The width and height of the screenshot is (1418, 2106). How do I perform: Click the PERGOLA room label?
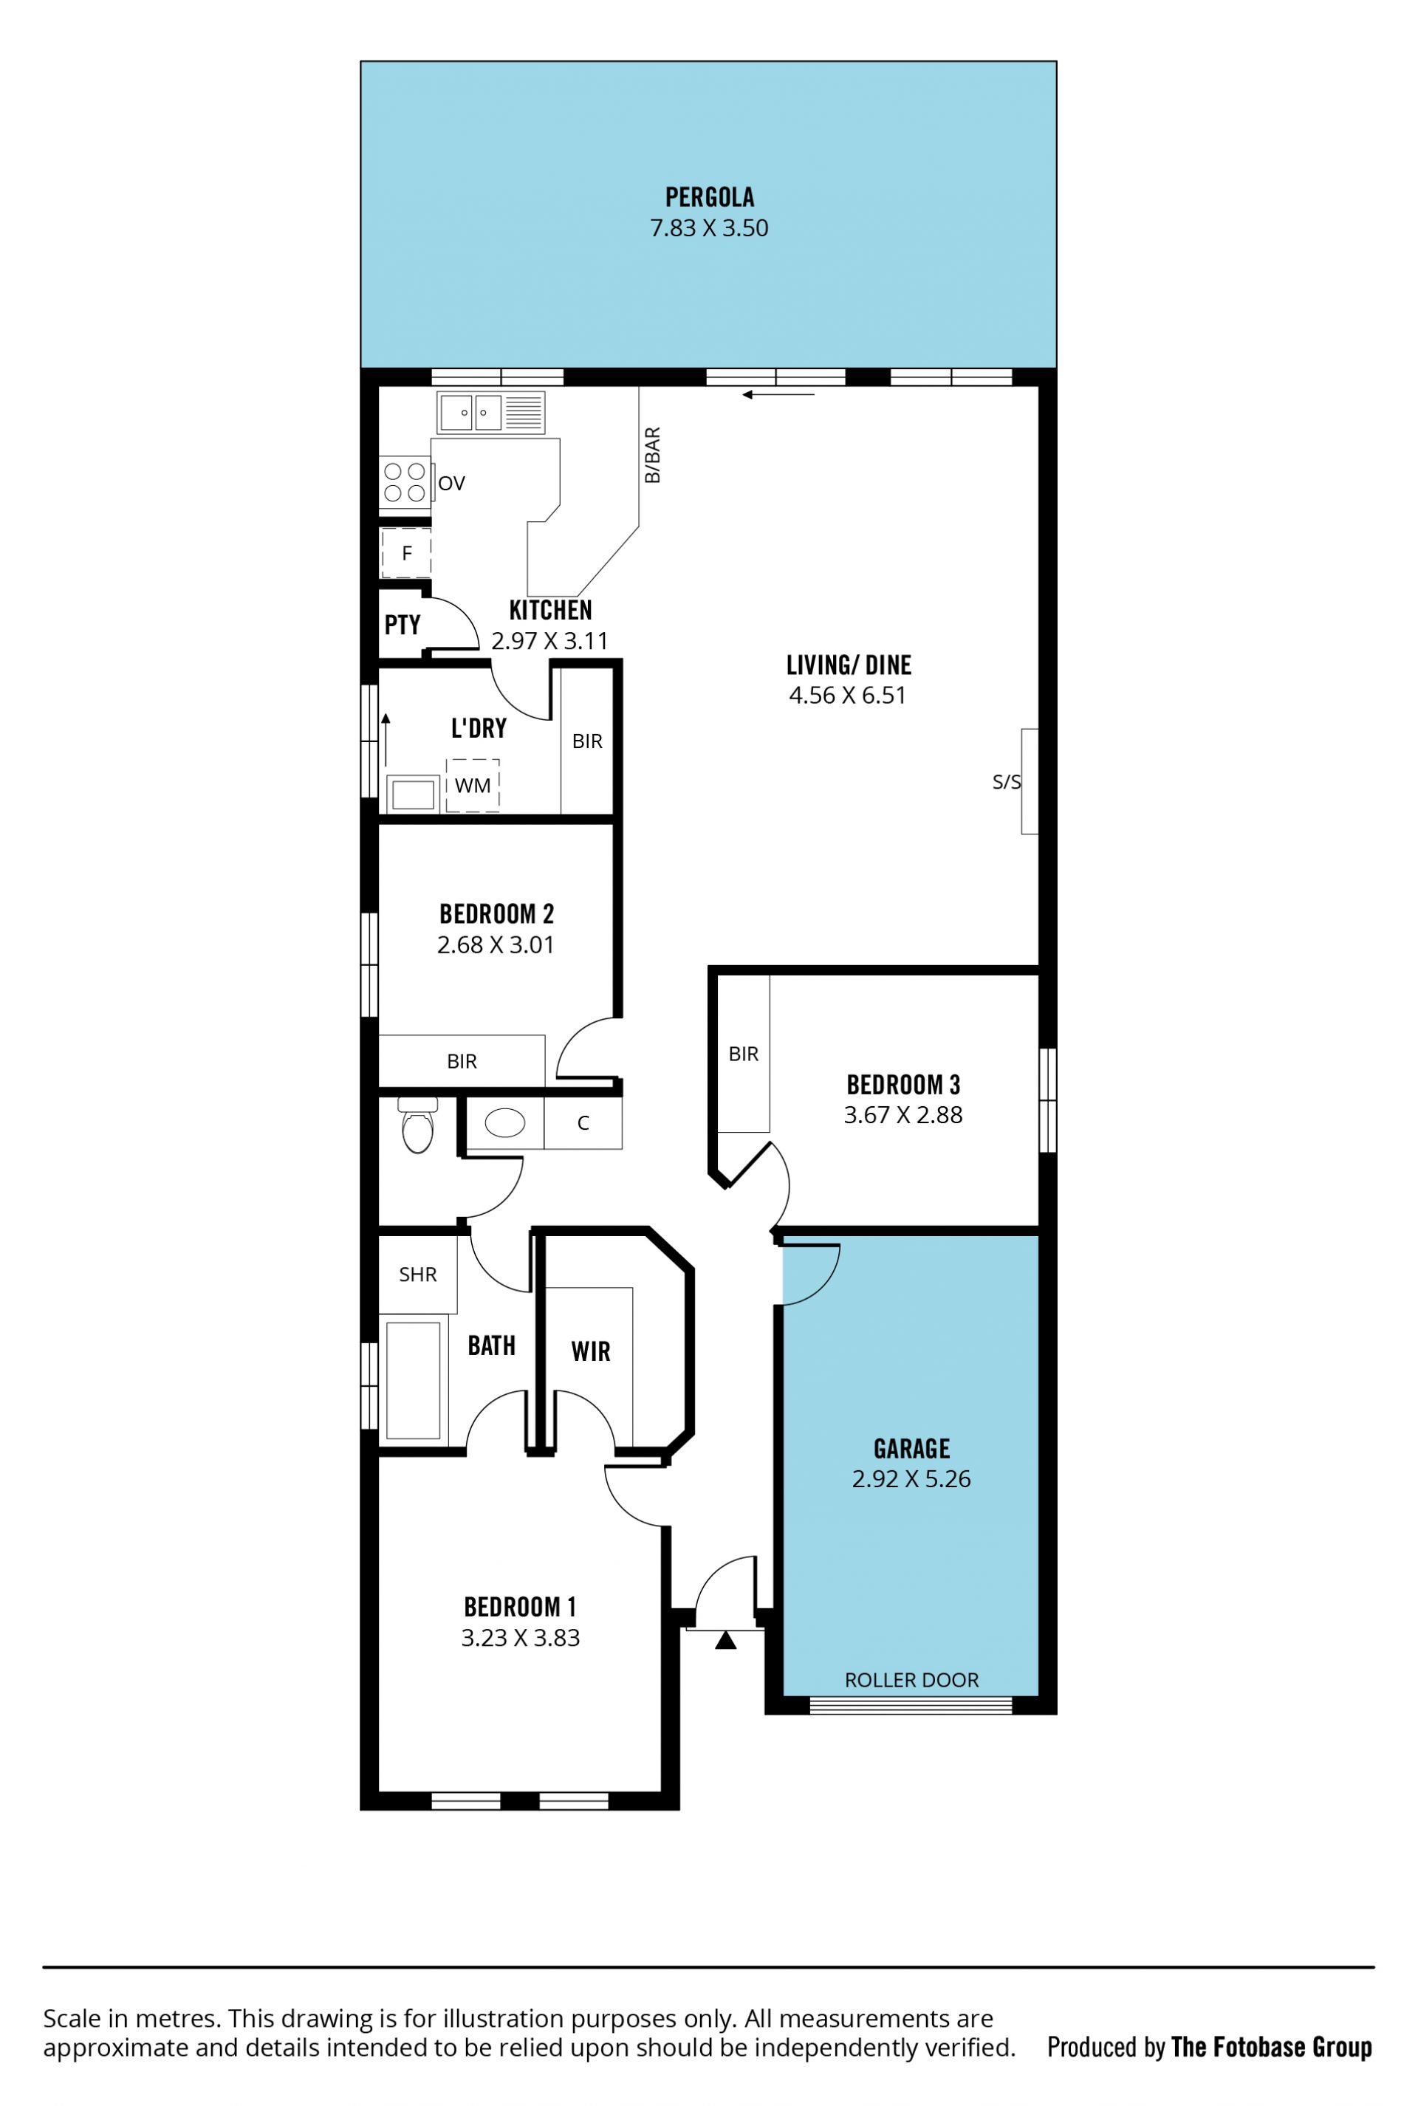point(709,197)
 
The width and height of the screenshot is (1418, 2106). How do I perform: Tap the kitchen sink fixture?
point(490,412)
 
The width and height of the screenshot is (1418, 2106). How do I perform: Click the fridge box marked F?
point(406,552)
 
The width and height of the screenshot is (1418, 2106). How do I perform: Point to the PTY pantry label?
point(403,625)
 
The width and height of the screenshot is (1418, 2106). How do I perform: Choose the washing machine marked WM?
point(472,785)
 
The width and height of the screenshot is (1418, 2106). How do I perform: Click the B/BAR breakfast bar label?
point(652,455)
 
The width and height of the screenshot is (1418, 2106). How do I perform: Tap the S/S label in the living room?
point(1007,782)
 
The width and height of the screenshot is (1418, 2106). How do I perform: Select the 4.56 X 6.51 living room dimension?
point(847,696)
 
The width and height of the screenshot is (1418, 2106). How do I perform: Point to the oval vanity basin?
point(504,1123)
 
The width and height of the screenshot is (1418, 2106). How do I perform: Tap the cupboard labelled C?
point(583,1123)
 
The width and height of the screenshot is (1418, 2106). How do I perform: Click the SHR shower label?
point(418,1274)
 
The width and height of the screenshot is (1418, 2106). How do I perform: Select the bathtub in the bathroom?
point(414,1380)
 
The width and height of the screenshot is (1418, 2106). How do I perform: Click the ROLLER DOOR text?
point(911,1680)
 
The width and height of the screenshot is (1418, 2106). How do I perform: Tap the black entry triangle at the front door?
point(725,1640)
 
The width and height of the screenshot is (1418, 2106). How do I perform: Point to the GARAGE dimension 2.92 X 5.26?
point(911,1478)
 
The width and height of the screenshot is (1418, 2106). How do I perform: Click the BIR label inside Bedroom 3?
point(744,1054)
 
